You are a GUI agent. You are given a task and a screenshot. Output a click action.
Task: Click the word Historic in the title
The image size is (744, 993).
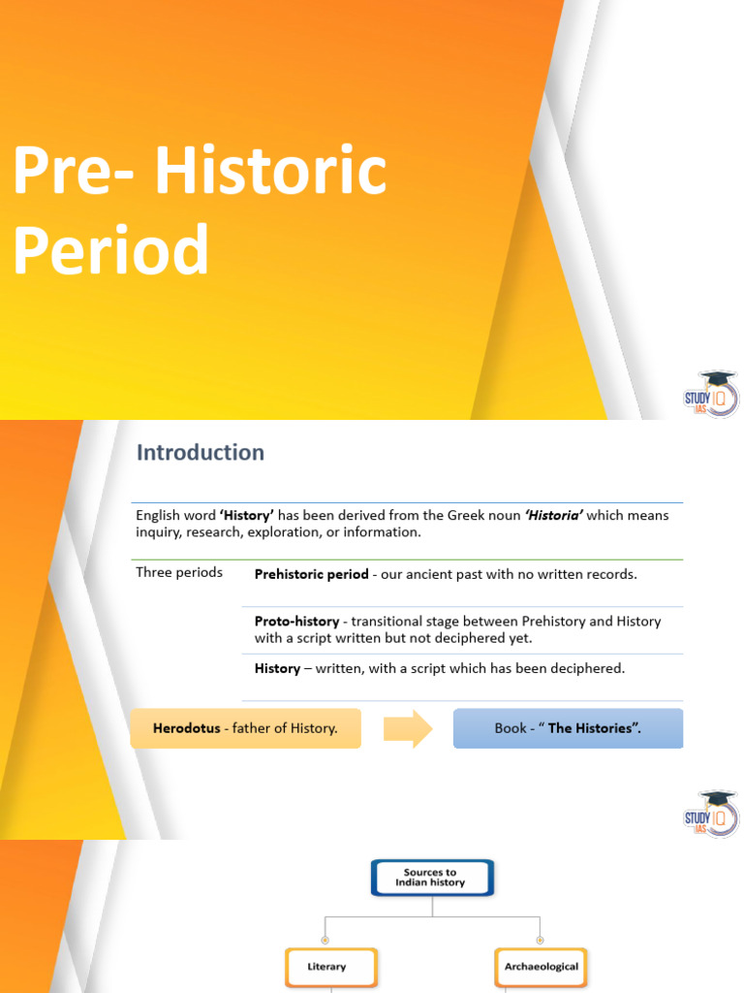[271, 172]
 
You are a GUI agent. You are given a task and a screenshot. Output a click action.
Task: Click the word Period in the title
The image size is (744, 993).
[110, 249]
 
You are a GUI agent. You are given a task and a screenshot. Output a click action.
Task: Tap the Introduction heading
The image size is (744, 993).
[201, 452]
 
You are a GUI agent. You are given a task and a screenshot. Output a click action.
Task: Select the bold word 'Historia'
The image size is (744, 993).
[553, 515]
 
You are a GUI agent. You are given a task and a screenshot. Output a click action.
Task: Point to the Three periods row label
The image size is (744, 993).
[179, 572]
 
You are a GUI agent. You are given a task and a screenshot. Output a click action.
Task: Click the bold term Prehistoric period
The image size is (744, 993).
[311, 574]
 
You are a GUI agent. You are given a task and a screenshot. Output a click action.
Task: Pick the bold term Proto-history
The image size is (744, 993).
[296, 621]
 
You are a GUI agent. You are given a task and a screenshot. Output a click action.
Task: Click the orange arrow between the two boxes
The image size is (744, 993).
[408, 728]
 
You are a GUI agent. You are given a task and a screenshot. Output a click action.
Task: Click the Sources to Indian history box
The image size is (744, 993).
[433, 878]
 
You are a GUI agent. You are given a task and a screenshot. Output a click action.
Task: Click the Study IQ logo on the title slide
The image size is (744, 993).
[712, 396]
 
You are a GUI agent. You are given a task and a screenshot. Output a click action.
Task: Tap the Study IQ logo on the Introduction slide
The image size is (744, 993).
[712, 815]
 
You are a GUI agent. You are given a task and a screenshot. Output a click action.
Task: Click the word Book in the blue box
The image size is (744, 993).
[511, 728]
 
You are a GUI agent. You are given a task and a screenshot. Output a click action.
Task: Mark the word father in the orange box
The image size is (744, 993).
[269, 728]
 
